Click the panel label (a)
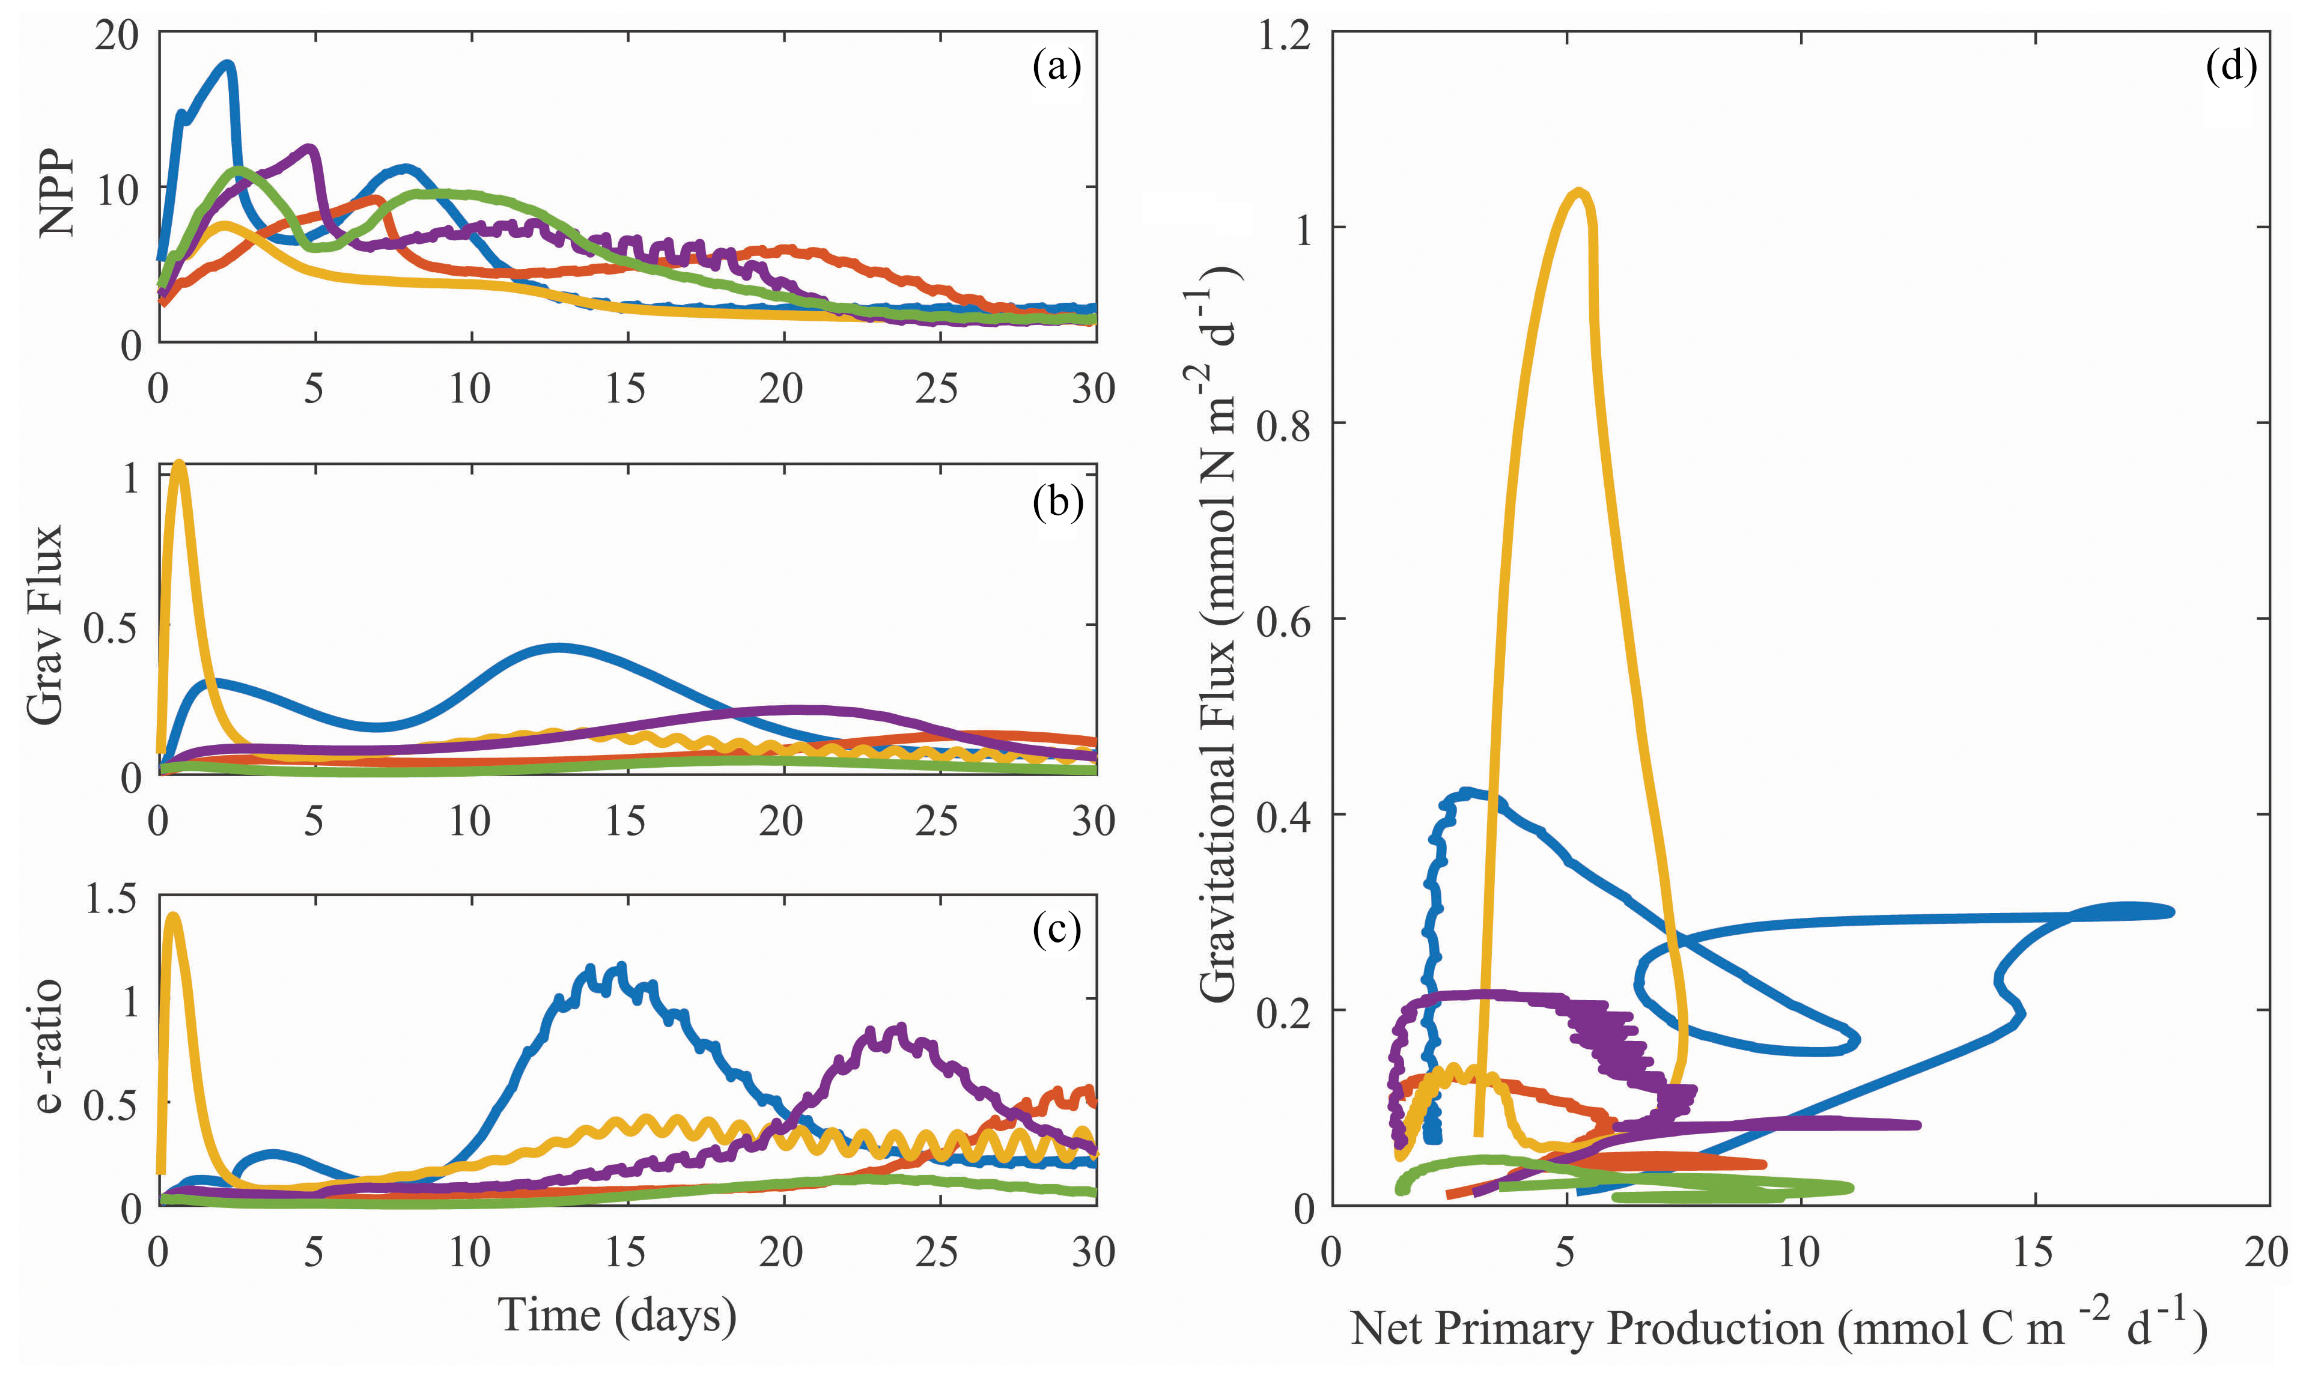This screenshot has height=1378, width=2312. (x=1057, y=68)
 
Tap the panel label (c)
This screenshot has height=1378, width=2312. (x=1057, y=929)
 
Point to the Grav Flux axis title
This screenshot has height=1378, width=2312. (x=44, y=624)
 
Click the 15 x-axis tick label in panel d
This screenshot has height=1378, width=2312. (x=2033, y=1252)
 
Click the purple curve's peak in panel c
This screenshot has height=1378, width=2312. (x=898, y=1029)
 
